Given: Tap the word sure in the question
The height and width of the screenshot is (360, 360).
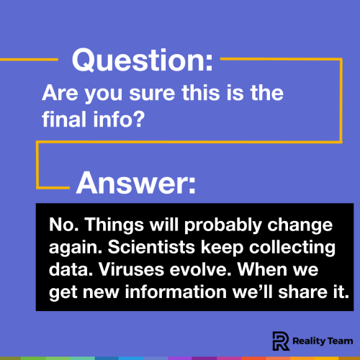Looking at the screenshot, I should [x=135, y=94].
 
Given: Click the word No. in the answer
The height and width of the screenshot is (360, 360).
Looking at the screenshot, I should [x=63, y=225].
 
